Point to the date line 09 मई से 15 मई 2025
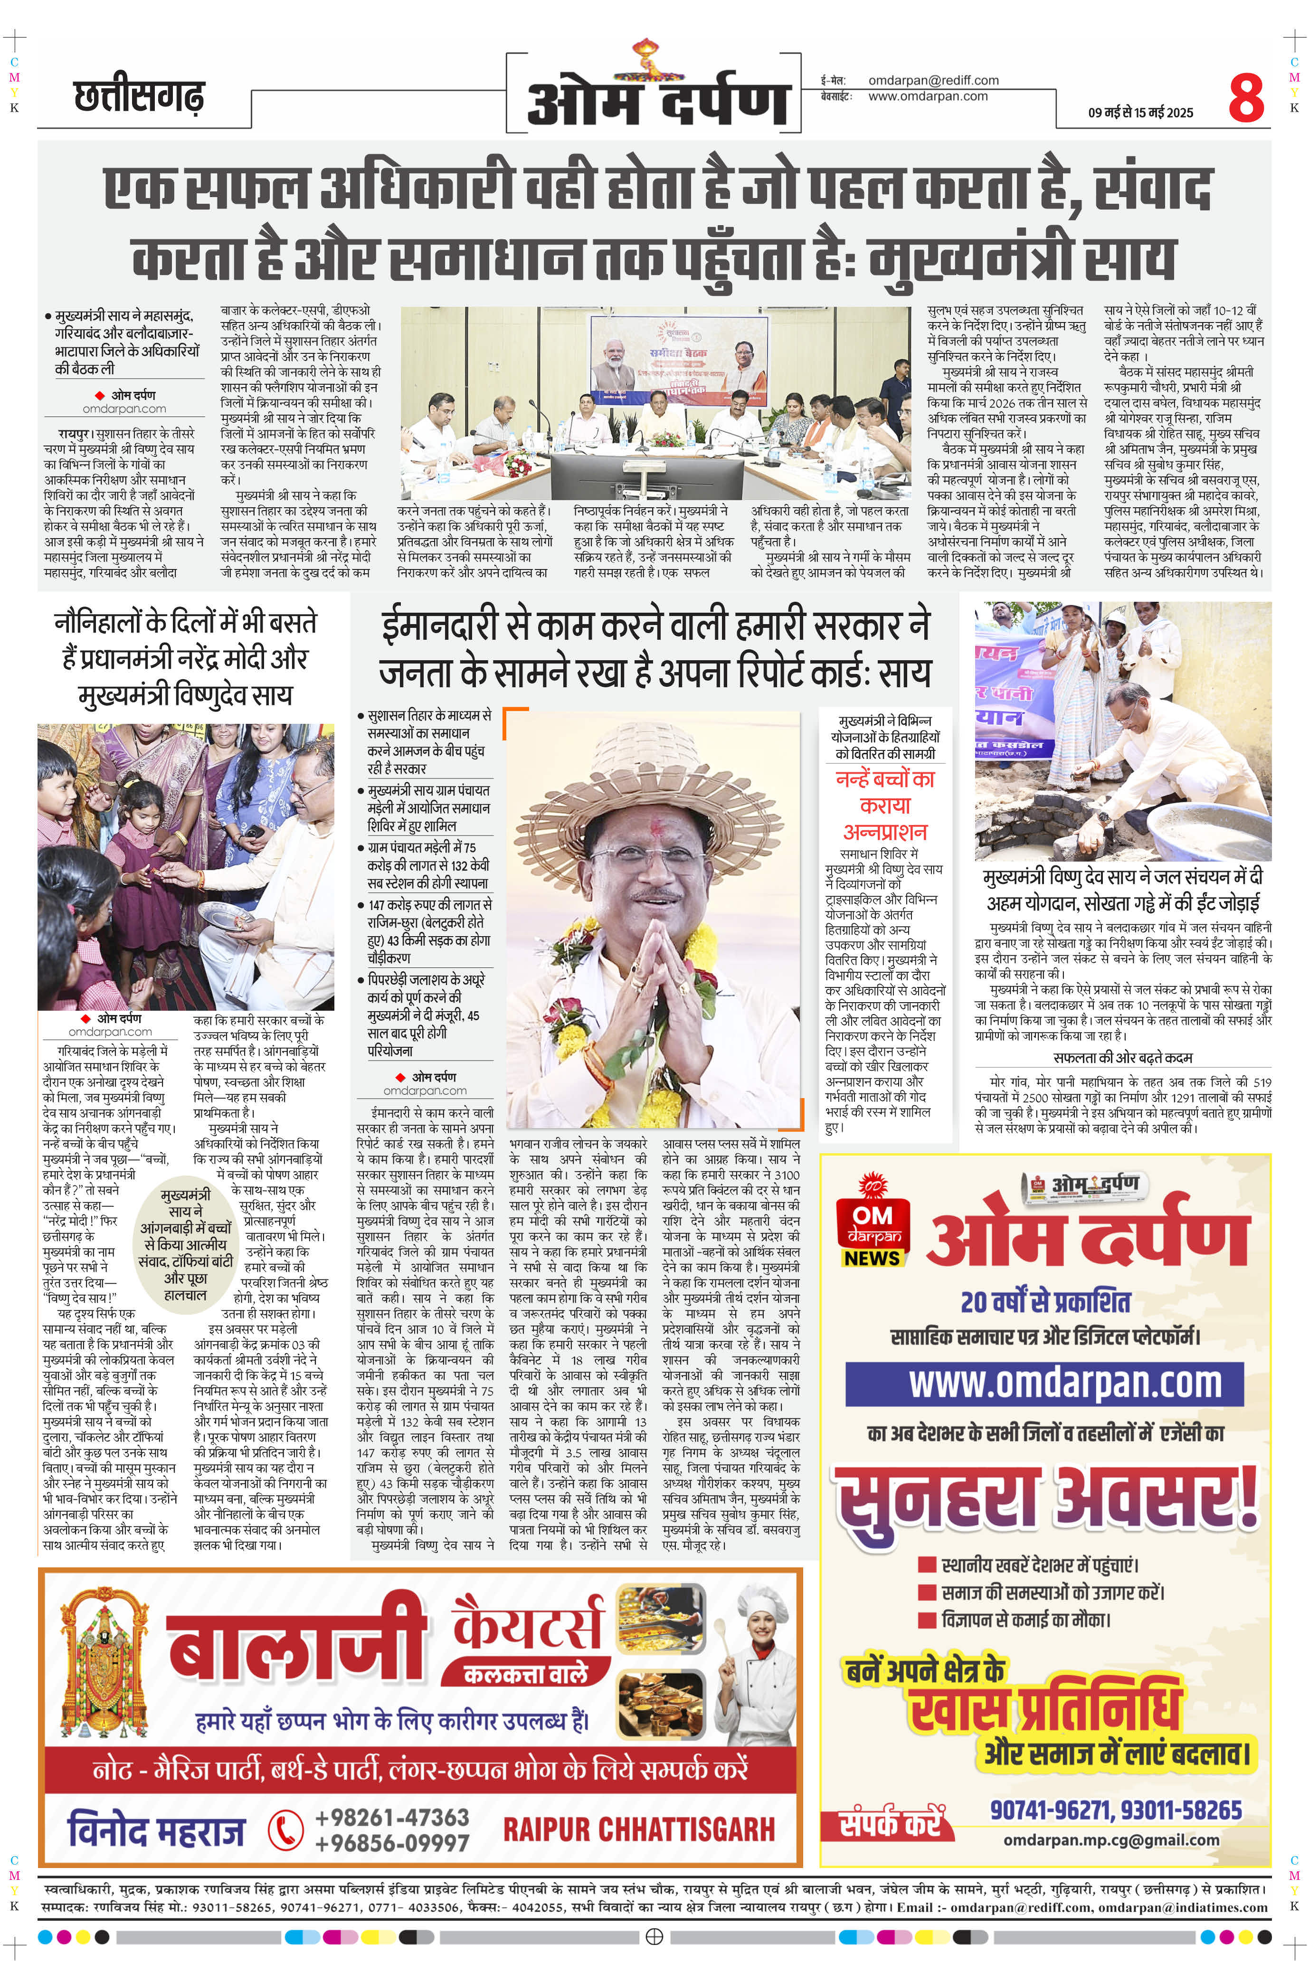tap(1140, 113)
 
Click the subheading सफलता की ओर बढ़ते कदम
tap(1123, 1057)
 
